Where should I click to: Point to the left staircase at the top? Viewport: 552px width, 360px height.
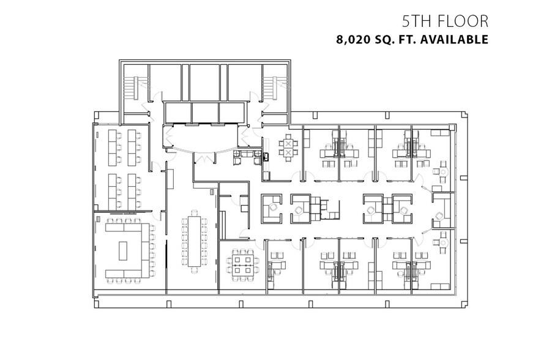click(x=132, y=88)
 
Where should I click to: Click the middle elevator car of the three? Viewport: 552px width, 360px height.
click(x=205, y=111)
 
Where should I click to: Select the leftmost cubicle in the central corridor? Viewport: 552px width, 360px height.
click(x=270, y=208)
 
